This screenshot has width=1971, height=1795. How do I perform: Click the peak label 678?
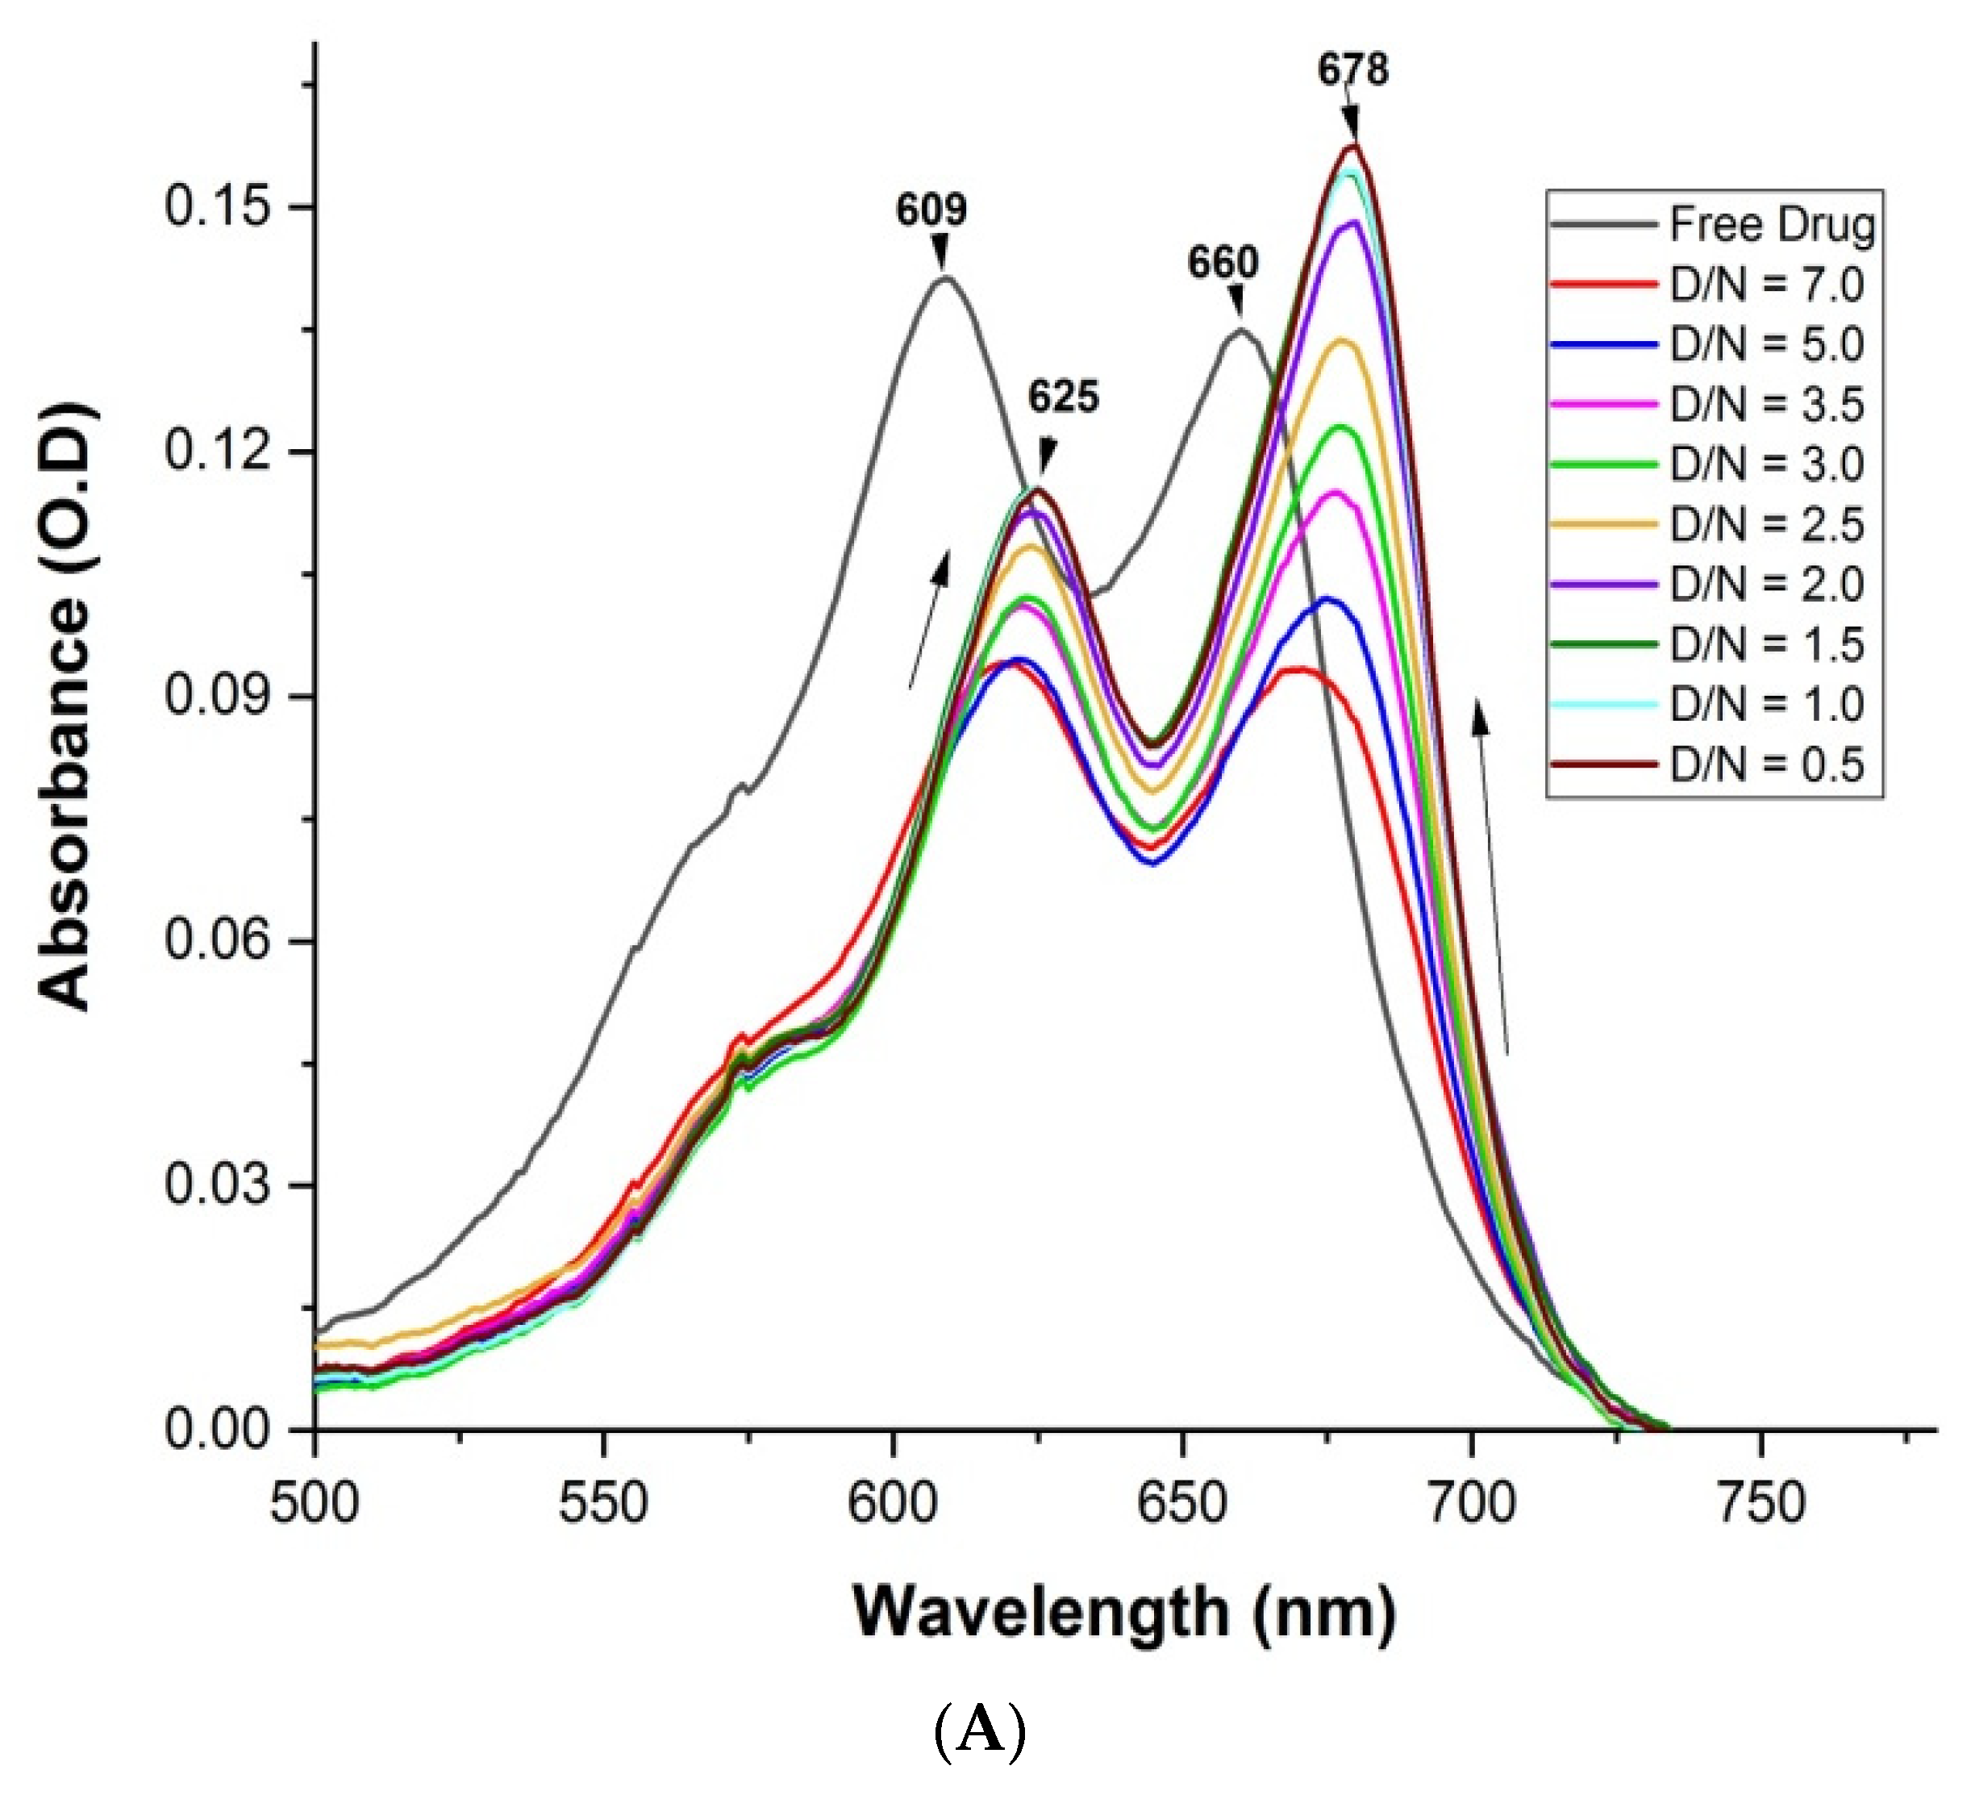(1352, 70)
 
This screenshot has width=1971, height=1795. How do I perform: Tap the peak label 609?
(931, 209)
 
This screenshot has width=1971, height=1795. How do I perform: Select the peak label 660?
(1223, 262)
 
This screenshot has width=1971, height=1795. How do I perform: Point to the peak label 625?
(1063, 397)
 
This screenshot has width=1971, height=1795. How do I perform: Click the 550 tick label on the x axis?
(603, 1502)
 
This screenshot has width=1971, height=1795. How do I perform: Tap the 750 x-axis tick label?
(1760, 1502)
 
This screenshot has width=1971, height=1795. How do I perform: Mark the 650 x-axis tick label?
(1181, 1502)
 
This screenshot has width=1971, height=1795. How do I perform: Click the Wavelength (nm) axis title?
(1124, 1612)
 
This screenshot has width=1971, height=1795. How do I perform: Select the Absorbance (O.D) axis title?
(66, 706)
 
